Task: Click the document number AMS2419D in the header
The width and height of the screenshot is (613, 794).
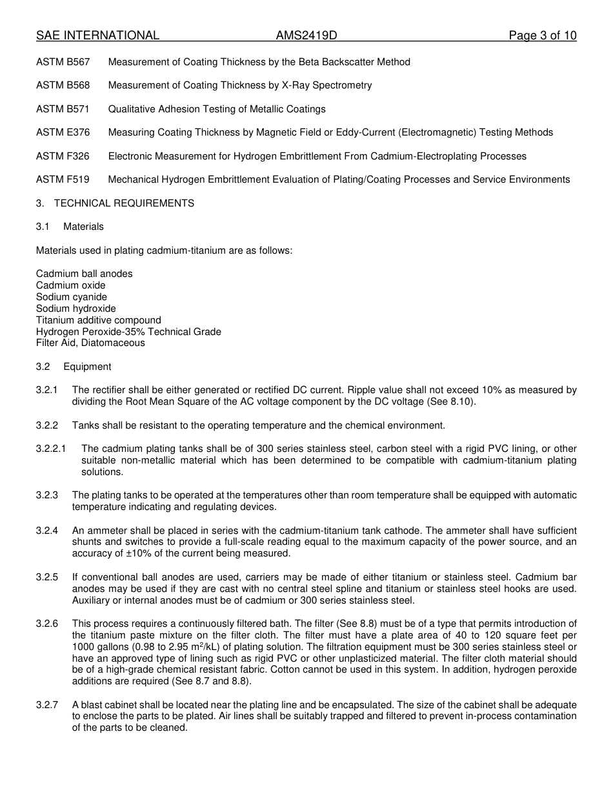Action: [306, 36]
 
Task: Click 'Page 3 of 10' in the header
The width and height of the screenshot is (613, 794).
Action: [543, 36]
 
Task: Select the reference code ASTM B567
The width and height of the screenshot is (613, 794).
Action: [63, 62]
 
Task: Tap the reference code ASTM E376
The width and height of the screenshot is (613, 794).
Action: [63, 132]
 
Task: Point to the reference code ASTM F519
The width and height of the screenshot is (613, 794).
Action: [63, 179]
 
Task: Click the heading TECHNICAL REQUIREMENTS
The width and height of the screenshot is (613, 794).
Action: [124, 203]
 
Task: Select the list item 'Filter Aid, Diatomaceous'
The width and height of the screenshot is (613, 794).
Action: [90, 343]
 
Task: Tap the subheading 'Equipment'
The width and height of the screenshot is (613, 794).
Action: [87, 367]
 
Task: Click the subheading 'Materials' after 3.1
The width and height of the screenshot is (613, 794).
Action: [83, 227]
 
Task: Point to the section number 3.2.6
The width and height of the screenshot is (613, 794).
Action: [47, 624]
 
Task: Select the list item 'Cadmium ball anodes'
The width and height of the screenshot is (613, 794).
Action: [85, 274]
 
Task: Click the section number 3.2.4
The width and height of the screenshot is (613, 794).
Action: [47, 531]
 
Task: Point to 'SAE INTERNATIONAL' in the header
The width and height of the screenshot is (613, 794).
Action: [97, 36]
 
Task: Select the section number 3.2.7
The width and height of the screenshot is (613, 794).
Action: [47, 705]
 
